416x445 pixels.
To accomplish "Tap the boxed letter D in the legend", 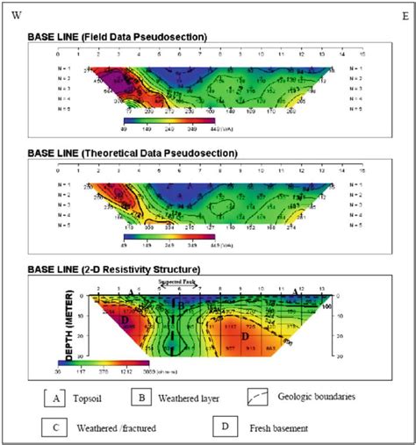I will click(x=225, y=427).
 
